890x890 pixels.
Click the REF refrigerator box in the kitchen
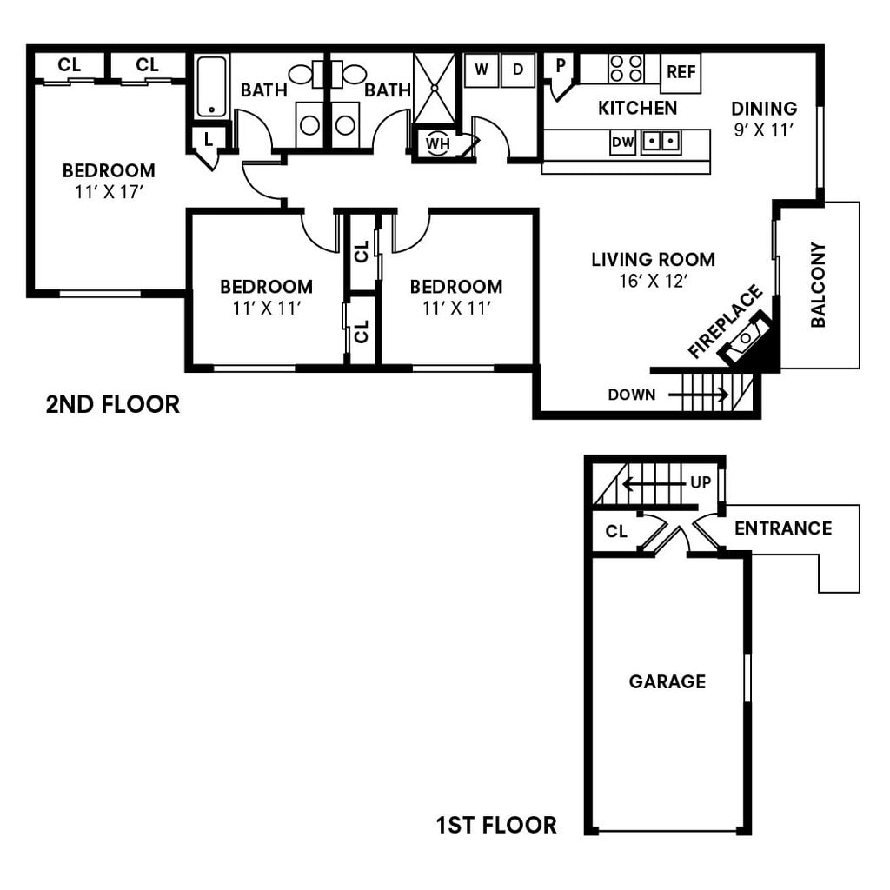[x=681, y=73]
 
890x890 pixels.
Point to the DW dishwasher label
[x=622, y=142]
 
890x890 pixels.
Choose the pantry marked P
[x=561, y=66]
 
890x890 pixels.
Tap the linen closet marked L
[x=209, y=138]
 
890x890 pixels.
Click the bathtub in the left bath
[x=211, y=86]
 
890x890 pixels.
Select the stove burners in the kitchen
[x=626, y=68]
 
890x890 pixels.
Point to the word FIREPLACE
[x=724, y=322]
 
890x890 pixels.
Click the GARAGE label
[x=667, y=682]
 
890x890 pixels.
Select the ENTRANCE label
[x=782, y=528]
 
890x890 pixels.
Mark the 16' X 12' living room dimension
[x=653, y=281]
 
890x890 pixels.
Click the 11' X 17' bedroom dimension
[x=109, y=192]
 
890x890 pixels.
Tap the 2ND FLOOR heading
[x=113, y=404]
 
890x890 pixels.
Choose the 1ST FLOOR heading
[x=496, y=824]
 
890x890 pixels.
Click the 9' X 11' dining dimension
[x=764, y=130]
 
